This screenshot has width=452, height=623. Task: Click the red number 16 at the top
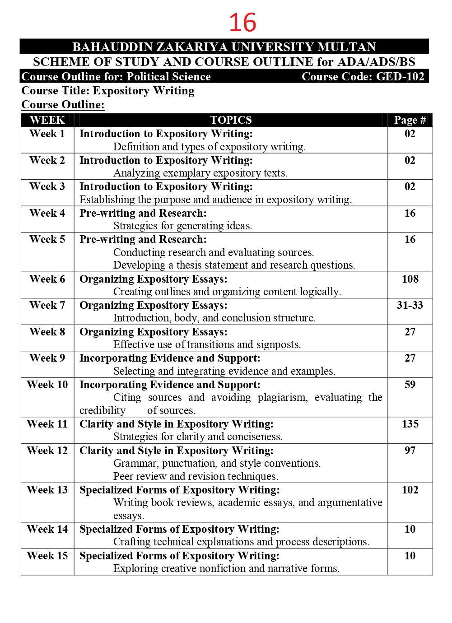pyautogui.click(x=242, y=23)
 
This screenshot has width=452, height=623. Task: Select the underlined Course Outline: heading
pyautogui.click(x=63, y=105)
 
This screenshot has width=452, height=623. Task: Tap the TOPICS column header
pyautogui.click(x=231, y=120)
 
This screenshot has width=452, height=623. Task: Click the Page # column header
pyautogui.click(x=410, y=120)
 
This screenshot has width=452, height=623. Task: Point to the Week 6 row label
pyautogui.click(x=47, y=279)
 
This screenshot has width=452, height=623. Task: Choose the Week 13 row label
pyautogui.click(x=47, y=490)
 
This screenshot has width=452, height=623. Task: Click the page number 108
pyautogui.click(x=410, y=279)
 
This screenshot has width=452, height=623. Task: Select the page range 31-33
pyautogui.click(x=410, y=305)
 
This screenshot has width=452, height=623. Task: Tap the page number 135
pyautogui.click(x=410, y=424)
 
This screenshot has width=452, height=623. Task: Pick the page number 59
pyautogui.click(x=410, y=385)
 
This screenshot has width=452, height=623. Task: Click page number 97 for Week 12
pyautogui.click(x=410, y=451)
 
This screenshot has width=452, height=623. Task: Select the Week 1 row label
pyautogui.click(x=47, y=134)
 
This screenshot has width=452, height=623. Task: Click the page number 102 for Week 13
pyautogui.click(x=410, y=490)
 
